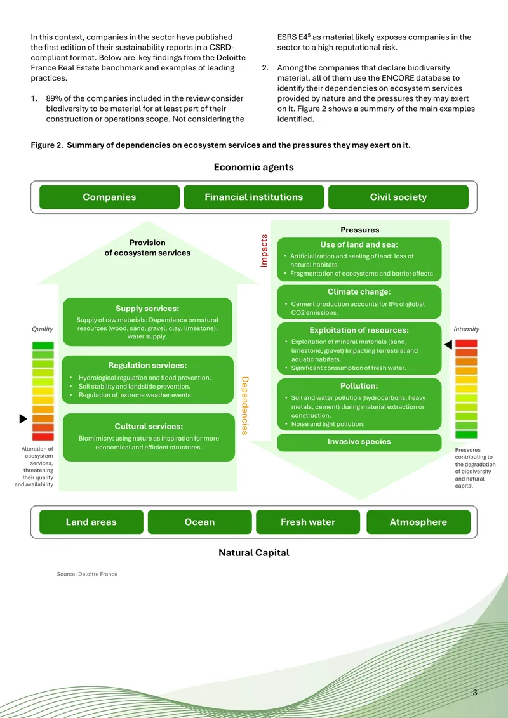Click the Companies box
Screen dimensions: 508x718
click(x=109, y=197)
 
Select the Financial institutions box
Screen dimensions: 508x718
click(x=254, y=197)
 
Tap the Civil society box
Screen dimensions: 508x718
click(x=398, y=197)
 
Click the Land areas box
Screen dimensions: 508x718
click(x=91, y=522)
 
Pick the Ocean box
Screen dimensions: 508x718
click(x=200, y=522)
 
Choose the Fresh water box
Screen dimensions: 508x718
click(x=308, y=522)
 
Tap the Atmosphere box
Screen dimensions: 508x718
click(x=418, y=522)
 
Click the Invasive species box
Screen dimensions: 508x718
click(x=359, y=442)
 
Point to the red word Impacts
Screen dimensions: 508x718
click(x=264, y=251)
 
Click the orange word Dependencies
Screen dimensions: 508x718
click(x=244, y=406)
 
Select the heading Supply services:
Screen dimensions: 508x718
click(x=147, y=309)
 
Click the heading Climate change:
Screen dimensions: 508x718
click(x=359, y=291)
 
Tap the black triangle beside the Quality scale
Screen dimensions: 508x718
click(x=23, y=418)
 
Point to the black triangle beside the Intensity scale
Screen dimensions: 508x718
click(x=448, y=344)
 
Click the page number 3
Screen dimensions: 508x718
click(x=475, y=693)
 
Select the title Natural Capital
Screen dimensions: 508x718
click(x=254, y=553)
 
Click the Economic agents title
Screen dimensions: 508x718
click(x=254, y=167)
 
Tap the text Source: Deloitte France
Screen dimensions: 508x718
click(x=87, y=574)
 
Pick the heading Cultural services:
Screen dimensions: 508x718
click(x=149, y=427)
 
